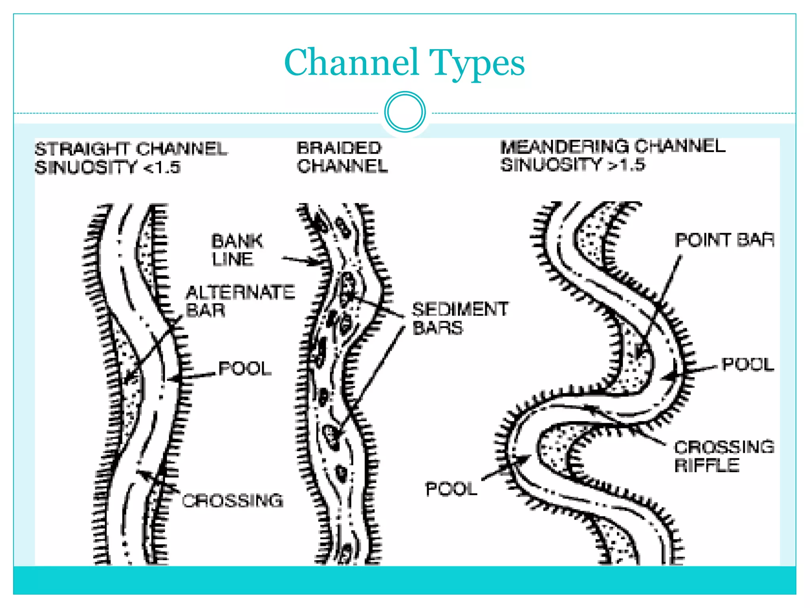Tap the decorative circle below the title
pyautogui.click(x=405, y=112)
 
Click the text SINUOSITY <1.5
pyautogui.click(x=108, y=167)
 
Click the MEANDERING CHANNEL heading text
pyautogui.click(x=613, y=146)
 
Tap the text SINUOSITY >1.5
pyautogui.click(x=572, y=164)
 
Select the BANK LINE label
pyautogui.click(x=237, y=250)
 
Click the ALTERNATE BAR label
pyautogui.click(x=240, y=301)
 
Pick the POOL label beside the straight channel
pyautogui.click(x=245, y=369)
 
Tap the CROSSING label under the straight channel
pyautogui.click(x=233, y=501)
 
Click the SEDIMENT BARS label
pyautogui.click(x=460, y=318)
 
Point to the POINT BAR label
pyautogui.click(x=725, y=240)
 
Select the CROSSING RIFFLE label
pyautogui.click(x=724, y=456)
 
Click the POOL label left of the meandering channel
pyautogui.click(x=451, y=489)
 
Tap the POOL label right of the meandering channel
pyautogui.click(x=748, y=365)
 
